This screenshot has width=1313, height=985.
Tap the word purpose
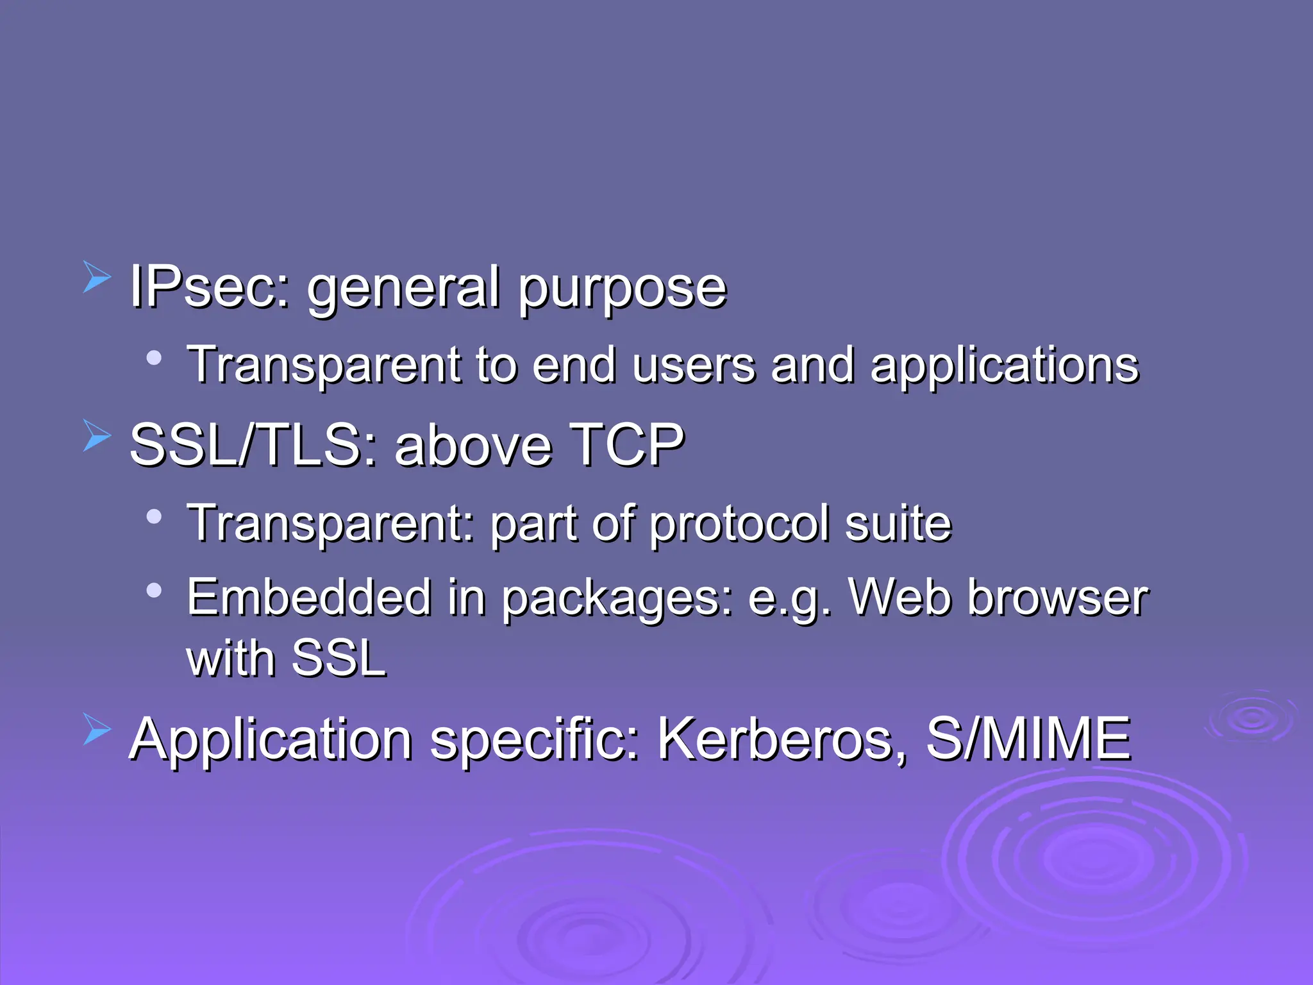[x=622, y=289]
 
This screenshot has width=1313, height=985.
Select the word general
[x=403, y=289]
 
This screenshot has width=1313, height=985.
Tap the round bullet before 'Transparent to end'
[x=154, y=358]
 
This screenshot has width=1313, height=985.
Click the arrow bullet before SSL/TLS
[x=97, y=436]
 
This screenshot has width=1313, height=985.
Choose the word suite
[x=898, y=523]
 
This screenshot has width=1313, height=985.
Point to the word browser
[x=1058, y=598]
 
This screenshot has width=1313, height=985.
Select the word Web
[x=900, y=598]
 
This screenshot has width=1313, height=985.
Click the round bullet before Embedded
[x=154, y=590]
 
